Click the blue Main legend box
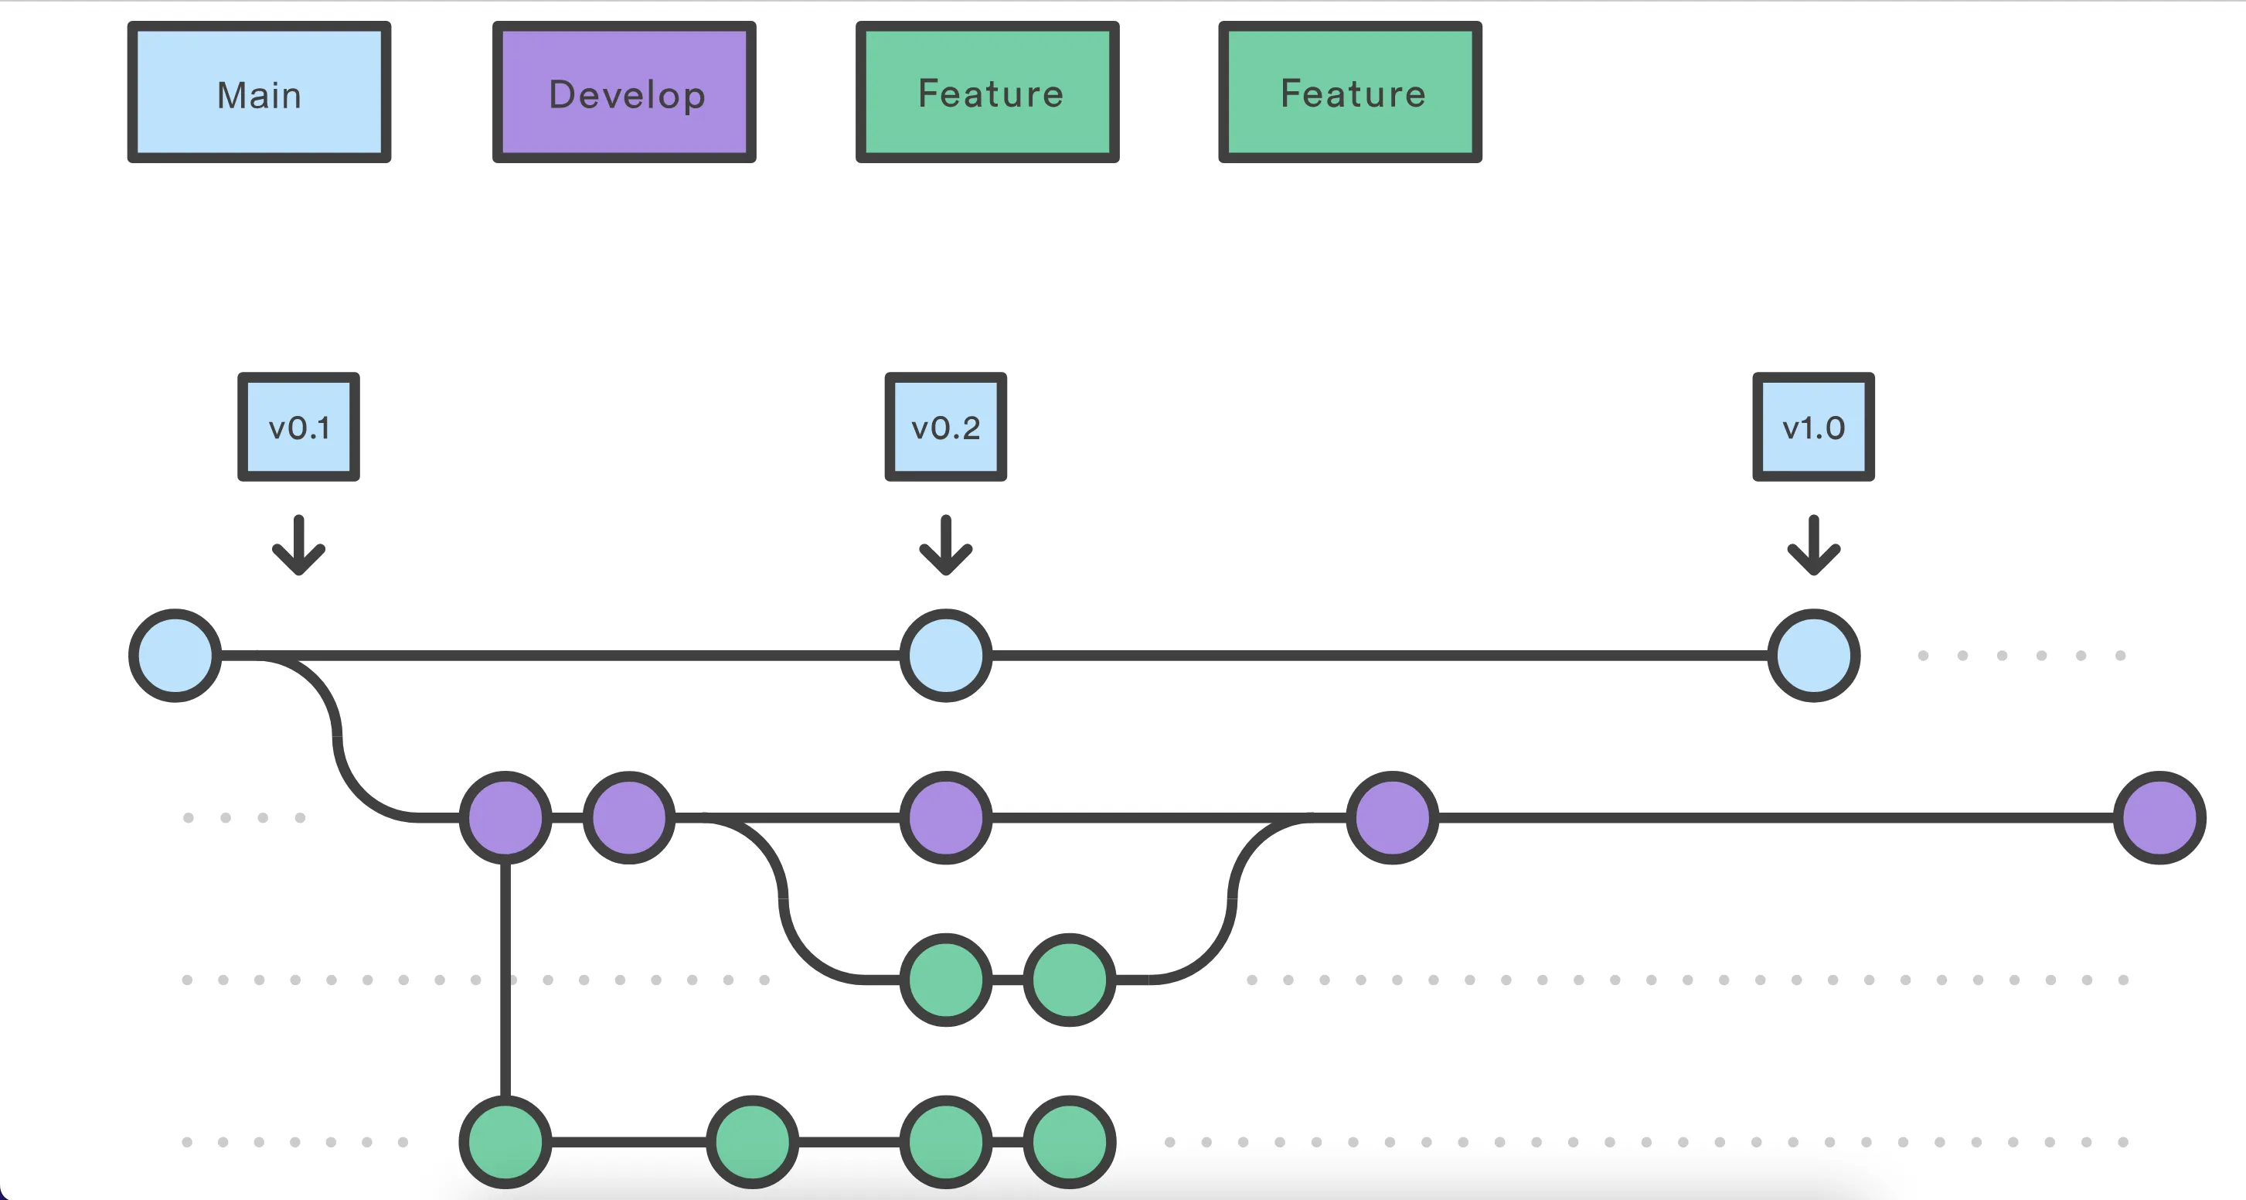point(259,93)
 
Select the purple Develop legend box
point(624,93)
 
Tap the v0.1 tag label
point(298,427)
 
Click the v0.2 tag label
point(946,427)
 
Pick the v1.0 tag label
point(1813,427)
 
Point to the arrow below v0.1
point(298,545)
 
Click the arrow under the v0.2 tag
point(946,545)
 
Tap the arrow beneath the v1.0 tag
point(1813,545)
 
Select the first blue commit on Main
point(175,655)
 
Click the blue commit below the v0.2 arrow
point(946,655)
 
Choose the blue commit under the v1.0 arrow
point(1813,655)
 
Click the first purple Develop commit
point(505,817)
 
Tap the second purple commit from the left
point(628,817)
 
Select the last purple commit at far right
point(2159,817)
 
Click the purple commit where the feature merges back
point(1393,817)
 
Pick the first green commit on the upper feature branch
point(946,980)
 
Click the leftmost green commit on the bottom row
point(505,1141)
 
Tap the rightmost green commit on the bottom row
point(1070,1141)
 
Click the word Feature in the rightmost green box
point(1353,94)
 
